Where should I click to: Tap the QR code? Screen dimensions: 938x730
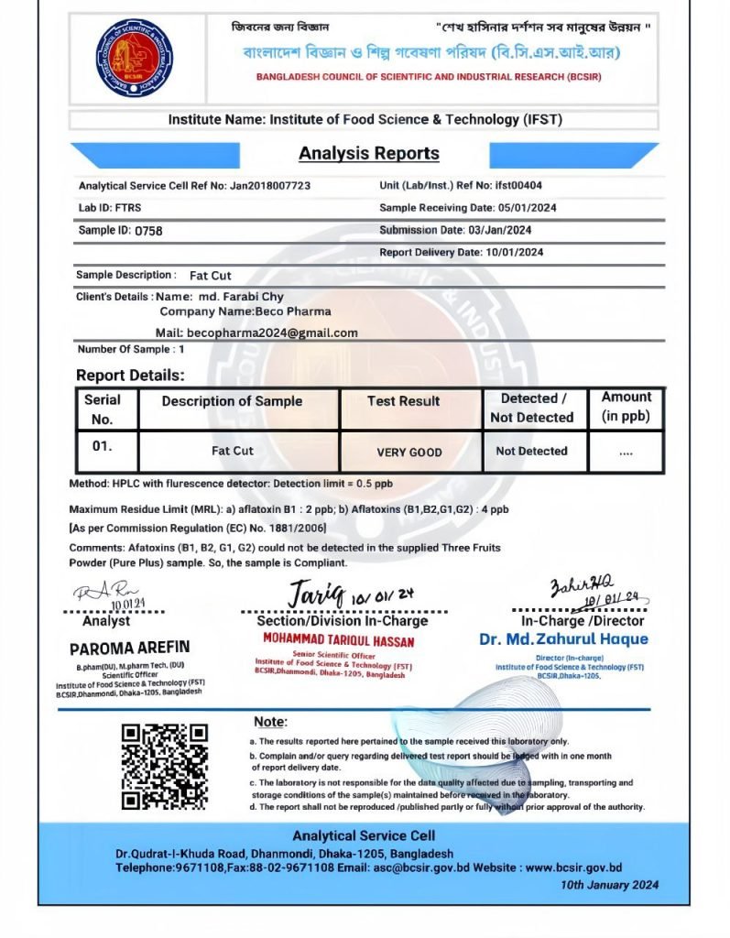point(165,766)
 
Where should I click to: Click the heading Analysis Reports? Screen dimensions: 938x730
point(369,153)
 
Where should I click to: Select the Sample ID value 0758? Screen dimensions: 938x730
point(148,231)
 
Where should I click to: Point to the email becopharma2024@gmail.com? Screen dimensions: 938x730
point(272,333)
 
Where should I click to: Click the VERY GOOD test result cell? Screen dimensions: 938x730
point(409,452)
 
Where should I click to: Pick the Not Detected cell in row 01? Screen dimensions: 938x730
point(531,451)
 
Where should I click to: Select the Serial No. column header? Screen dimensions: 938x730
point(103,409)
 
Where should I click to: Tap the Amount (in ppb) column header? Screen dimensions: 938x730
point(626,407)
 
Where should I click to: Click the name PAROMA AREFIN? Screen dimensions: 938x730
point(129,648)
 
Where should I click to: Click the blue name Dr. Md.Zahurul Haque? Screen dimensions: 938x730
point(562,639)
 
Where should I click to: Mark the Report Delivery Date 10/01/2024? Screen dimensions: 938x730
point(513,253)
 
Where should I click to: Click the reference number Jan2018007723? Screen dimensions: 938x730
point(270,186)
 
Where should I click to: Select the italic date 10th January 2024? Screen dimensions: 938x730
point(609,885)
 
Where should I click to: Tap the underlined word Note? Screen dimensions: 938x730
point(269,722)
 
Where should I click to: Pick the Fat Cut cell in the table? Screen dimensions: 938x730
point(233,451)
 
